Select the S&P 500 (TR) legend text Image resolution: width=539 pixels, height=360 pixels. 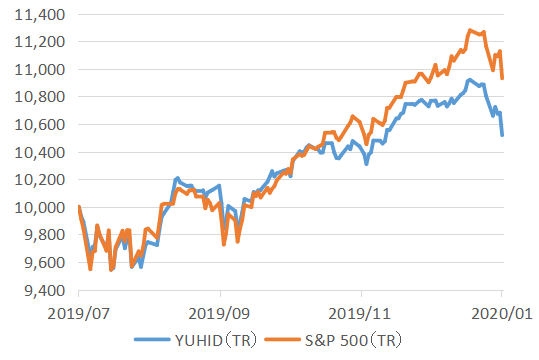click(354, 340)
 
